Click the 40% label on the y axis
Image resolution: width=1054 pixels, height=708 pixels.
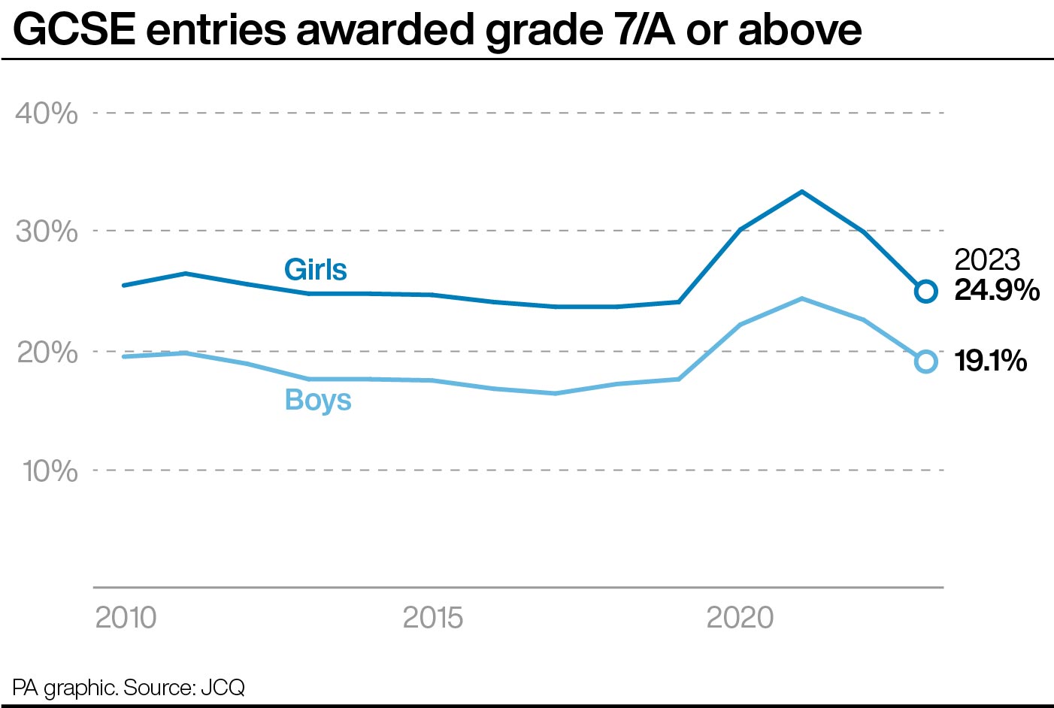coord(47,113)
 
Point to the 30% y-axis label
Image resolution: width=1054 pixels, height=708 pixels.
coord(47,231)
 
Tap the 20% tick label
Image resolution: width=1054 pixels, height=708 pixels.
coord(47,352)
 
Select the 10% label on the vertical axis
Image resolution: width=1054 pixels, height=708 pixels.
coord(50,471)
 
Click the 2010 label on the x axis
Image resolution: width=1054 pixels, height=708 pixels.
coord(126,618)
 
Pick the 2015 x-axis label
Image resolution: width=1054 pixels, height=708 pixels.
coord(432,618)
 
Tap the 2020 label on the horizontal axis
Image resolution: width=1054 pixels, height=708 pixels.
coord(740,618)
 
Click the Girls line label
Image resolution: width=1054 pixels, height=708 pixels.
coord(315,270)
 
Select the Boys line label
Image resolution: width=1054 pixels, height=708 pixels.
coord(318,400)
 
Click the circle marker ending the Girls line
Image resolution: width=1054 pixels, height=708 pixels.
coord(925,291)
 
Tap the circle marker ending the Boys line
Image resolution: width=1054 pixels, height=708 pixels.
coord(925,362)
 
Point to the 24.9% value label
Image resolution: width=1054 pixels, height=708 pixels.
coord(996,290)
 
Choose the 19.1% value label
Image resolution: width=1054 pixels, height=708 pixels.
coord(991,361)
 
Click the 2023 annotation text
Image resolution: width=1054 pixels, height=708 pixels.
coord(986,260)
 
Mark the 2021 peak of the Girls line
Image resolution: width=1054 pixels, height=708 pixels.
coord(802,192)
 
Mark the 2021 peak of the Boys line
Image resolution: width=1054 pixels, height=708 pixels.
coord(802,298)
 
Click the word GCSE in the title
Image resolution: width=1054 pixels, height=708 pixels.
coord(74,30)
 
